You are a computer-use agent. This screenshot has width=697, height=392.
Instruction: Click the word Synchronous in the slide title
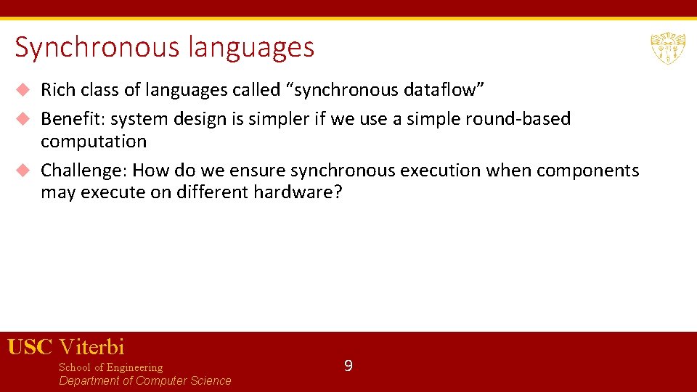point(97,48)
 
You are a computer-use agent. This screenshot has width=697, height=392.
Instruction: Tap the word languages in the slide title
point(251,48)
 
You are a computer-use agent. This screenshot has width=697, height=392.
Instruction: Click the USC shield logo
point(668,48)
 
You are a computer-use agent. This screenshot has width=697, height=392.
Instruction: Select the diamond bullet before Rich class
point(23,90)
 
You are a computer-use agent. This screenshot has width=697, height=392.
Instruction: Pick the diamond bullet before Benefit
point(23,118)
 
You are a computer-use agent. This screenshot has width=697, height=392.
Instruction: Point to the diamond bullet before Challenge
point(23,171)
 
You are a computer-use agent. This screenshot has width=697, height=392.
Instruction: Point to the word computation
point(94,142)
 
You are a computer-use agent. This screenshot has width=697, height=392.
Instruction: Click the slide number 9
point(348,366)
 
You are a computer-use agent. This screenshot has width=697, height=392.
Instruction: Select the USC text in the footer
point(30,347)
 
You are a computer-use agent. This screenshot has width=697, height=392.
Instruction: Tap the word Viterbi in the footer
point(91,347)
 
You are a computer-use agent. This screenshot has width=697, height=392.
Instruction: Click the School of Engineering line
point(110,367)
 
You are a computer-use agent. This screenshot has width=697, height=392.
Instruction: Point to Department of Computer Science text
point(144,381)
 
